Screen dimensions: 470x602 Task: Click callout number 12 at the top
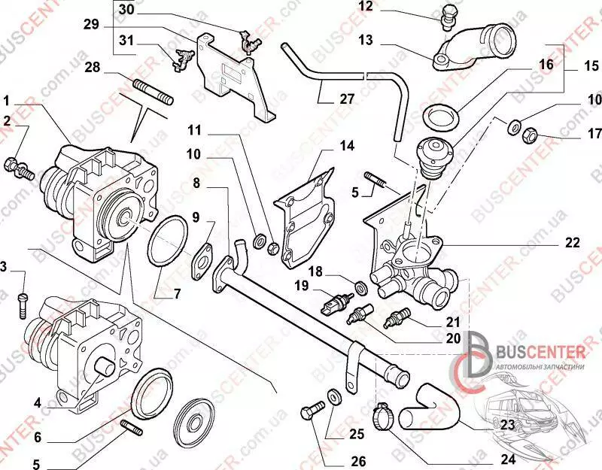365,7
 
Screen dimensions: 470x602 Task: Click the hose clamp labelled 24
385,412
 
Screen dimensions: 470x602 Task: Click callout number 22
573,242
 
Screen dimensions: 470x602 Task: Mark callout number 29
91,25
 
